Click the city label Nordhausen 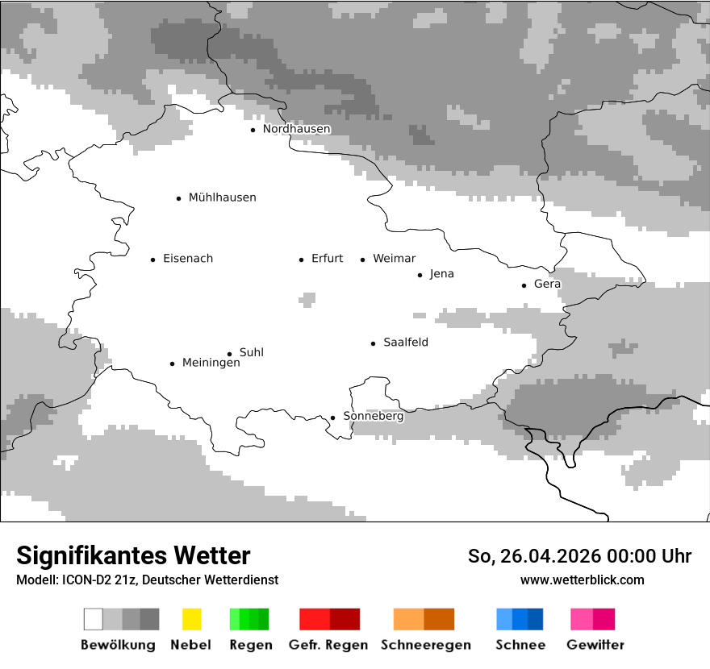point(296,129)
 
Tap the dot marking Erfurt point(301,260)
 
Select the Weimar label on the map point(394,259)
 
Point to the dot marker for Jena point(420,275)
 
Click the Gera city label point(547,285)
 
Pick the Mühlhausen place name point(222,197)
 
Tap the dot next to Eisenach point(152,260)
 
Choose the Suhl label point(251,353)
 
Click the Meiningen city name point(211,364)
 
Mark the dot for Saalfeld point(373,343)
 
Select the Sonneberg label point(373,417)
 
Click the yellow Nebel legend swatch point(191,619)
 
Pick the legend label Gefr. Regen point(328,645)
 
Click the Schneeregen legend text point(425,645)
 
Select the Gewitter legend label point(595,645)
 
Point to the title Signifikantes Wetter point(133,555)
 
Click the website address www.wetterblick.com point(582,580)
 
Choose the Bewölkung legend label point(118,645)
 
